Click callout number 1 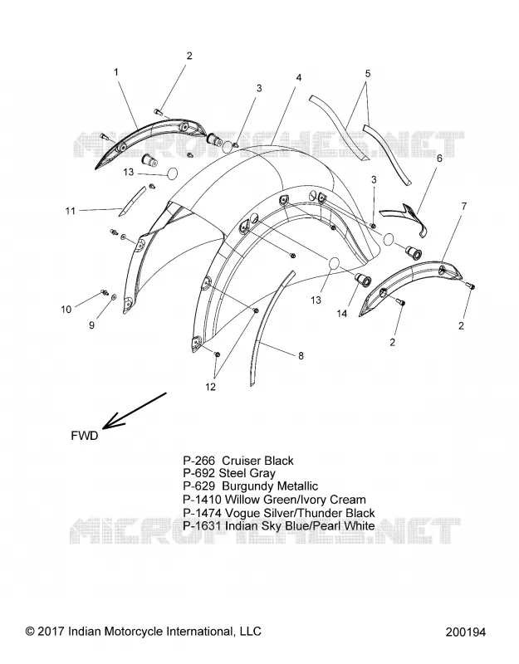pos(116,72)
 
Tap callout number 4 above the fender pos(299,78)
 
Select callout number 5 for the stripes pos(367,73)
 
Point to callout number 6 pos(439,158)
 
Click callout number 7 pos(464,206)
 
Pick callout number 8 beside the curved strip pos(301,356)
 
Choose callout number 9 pos(91,325)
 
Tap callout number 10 pos(66,310)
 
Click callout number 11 pos(71,211)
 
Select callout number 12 pos(211,387)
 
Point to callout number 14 pos(342,314)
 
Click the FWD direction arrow pos(135,409)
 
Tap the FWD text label pos(85,436)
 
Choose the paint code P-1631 pos(202,526)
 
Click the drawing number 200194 pos(466,632)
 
